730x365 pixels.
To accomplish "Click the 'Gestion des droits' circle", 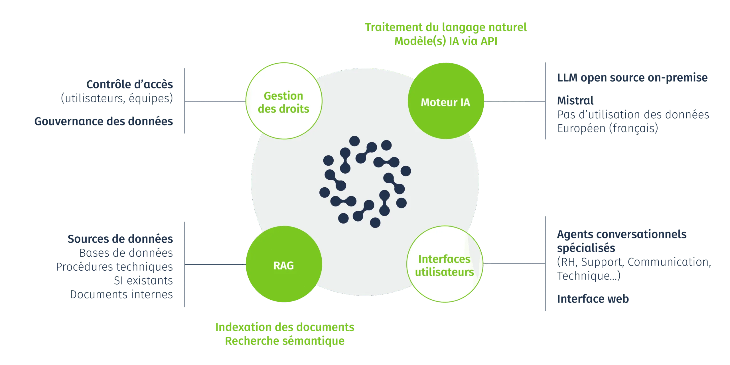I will [x=284, y=101].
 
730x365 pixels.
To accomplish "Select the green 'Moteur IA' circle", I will [x=446, y=101].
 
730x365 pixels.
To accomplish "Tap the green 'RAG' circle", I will [x=284, y=264].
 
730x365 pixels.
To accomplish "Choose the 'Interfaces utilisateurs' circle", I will [x=445, y=264].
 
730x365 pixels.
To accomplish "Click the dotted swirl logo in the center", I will [x=365, y=182].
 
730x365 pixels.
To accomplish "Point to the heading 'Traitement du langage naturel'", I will [x=446, y=27].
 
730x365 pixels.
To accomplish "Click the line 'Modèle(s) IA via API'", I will [x=446, y=41].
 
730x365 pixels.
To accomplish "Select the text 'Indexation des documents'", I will [x=285, y=327].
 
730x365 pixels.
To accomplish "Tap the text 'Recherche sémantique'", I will [x=285, y=341].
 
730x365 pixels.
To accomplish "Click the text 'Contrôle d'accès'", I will [x=130, y=84].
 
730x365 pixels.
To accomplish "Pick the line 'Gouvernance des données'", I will [x=104, y=121].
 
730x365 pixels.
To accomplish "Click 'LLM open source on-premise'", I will [x=632, y=78].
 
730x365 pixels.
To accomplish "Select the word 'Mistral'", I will [x=575, y=100].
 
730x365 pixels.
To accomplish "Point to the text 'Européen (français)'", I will [x=607, y=128].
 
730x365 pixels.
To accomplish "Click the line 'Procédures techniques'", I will [x=114, y=267].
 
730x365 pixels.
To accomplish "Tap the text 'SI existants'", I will [x=144, y=281].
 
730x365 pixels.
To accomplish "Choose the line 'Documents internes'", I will [x=122, y=295].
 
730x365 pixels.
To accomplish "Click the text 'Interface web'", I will [x=593, y=299].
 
